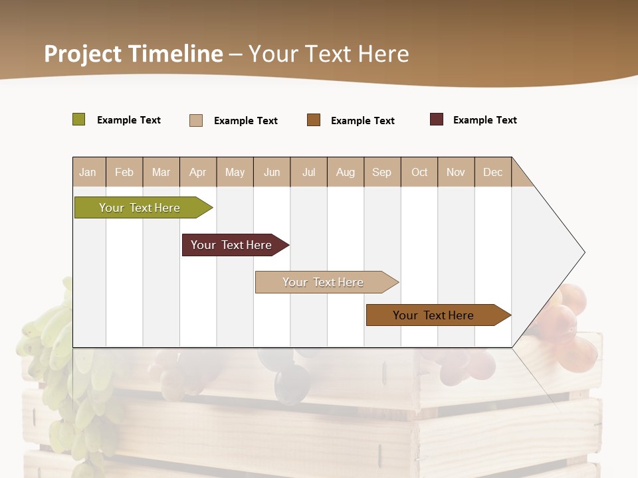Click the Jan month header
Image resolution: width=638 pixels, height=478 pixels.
(x=88, y=172)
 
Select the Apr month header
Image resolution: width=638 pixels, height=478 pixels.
(x=198, y=172)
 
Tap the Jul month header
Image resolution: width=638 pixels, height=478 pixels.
(x=308, y=172)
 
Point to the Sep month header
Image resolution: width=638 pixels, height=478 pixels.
(x=382, y=172)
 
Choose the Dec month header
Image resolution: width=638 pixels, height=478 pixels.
(x=492, y=172)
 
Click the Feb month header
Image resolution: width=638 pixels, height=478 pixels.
(x=124, y=172)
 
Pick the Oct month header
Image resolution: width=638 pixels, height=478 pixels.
(x=419, y=172)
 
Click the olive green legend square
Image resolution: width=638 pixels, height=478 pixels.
(x=79, y=119)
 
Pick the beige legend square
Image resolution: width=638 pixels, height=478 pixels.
(x=196, y=120)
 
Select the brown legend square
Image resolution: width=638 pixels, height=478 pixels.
(x=314, y=120)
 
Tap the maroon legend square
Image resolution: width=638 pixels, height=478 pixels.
(x=437, y=119)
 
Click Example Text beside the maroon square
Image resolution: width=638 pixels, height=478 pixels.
(x=484, y=120)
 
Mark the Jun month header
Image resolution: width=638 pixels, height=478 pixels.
(x=272, y=172)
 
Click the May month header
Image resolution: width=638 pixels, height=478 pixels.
(x=235, y=172)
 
